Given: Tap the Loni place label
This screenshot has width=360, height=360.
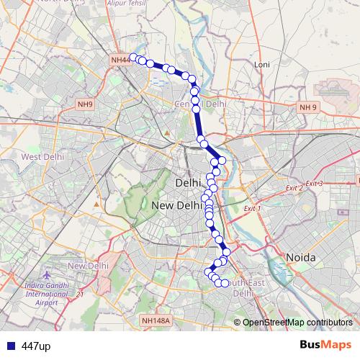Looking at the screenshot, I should (x=261, y=65).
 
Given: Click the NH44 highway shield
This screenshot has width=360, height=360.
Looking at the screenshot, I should (x=120, y=60).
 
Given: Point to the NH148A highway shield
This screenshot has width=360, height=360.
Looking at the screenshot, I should (x=155, y=321).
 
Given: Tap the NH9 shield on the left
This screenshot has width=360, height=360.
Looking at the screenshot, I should (x=85, y=105).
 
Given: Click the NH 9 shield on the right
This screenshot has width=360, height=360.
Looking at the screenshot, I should (x=308, y=107).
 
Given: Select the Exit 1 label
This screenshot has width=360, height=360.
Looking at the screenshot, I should (x=252, y=209).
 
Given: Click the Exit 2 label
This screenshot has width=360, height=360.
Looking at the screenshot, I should (x=293, y=188).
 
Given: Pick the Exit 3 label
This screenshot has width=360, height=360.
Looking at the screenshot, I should (x=314, y=184).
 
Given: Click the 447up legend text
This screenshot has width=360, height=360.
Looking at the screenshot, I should (x=36, y=346).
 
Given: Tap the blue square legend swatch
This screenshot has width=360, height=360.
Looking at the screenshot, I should (x=11, y=346).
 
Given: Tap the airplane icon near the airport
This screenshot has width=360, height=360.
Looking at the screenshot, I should (x=48, y=276).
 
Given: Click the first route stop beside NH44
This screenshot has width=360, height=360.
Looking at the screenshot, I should (x=133, y=57).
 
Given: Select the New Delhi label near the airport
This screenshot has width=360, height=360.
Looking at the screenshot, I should (x=87, y=266).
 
